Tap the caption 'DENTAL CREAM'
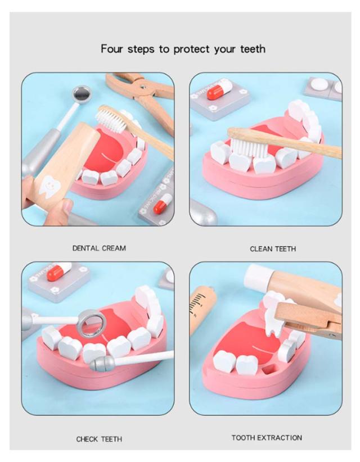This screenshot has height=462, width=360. [99, 248]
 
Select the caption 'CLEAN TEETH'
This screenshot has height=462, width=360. [273, 249]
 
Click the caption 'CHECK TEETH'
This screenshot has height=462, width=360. [99, 439]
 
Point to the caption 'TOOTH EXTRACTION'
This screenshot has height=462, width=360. [267, 437]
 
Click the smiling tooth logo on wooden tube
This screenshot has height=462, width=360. [50, 186]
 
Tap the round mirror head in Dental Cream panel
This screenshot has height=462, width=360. [82, 94]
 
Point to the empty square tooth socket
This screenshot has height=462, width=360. [268, 369]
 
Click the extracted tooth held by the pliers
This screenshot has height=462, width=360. [273, 313]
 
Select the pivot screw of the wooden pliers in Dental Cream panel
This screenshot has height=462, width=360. [143, 87]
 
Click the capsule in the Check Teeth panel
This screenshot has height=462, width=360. [59, 271]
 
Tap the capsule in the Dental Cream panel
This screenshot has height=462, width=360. [162, 203]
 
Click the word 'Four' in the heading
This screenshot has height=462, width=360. [111, 48]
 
